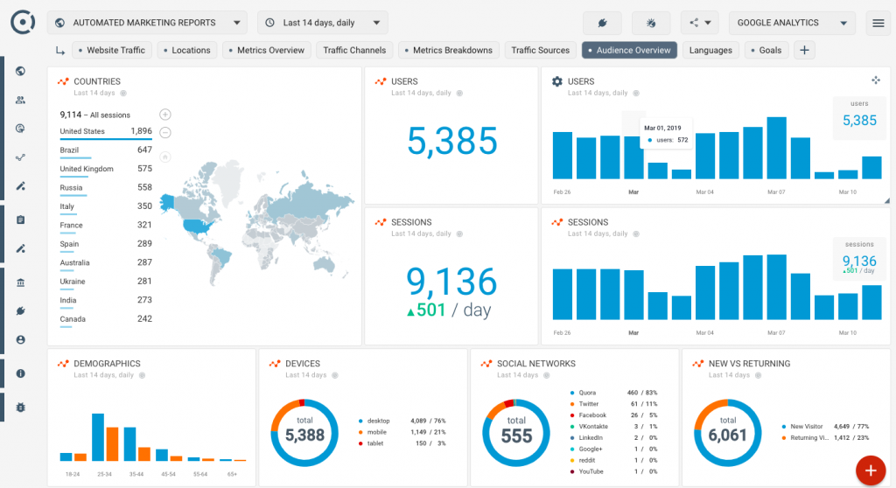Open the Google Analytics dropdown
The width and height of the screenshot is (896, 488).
[792, 23]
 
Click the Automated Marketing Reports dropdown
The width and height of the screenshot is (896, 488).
[147, 23]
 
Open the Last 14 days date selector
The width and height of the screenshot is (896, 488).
[323, 23]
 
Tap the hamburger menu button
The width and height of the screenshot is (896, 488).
[878, 23]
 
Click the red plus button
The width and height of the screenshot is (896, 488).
[870, 471]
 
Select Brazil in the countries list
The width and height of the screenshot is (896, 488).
[69, 150]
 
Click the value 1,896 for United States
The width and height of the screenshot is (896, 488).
[141, 131]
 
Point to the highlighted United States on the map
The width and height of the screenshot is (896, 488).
[197, 225]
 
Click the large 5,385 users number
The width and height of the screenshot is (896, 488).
[451, 141]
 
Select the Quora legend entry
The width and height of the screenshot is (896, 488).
[587, 393]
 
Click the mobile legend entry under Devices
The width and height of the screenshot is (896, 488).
[378, 432]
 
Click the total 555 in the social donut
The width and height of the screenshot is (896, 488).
[516, 435]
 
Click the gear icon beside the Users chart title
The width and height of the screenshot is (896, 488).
[557, 81]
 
